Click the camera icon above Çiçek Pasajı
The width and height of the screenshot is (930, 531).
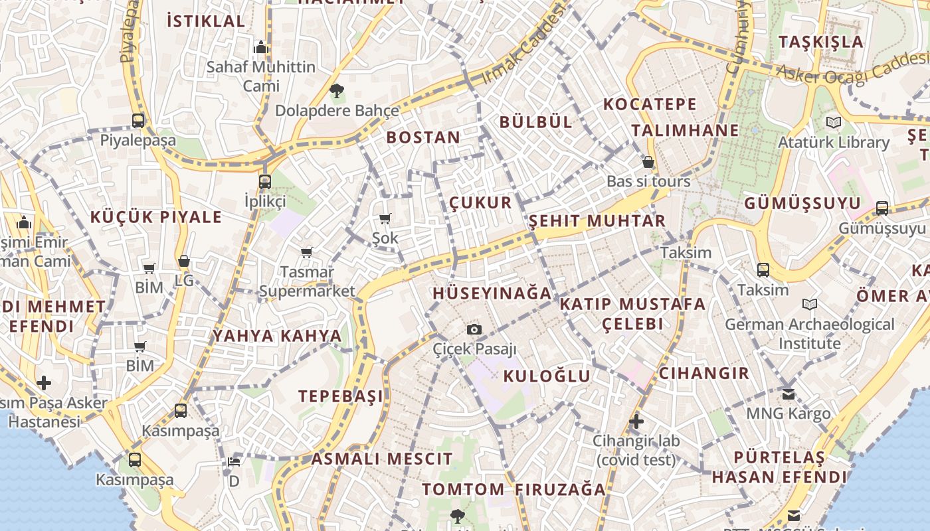point(474,329)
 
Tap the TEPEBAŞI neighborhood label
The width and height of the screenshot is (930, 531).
point(341,396)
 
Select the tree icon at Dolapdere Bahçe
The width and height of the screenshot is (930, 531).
point(337,91)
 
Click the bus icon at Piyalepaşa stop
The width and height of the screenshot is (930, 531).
point(138,121)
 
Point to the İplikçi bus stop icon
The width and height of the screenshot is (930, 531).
point(265,181)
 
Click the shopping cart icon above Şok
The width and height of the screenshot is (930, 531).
point(385,218)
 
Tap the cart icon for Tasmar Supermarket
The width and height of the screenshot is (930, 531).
point(307,252)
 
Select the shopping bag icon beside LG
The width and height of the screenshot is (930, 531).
point(184,261)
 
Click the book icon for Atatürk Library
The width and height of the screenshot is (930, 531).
point(833,123)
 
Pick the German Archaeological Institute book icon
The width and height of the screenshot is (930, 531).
point(809,305)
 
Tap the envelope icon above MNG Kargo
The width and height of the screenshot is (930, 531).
point(789,394)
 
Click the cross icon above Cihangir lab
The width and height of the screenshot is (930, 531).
point(636,421)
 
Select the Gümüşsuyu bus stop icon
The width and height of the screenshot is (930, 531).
point(882,208)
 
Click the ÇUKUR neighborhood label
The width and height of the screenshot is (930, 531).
point(481,202)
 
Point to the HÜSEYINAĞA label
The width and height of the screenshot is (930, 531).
point(492,293)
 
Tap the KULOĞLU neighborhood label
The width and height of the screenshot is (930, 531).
point(547,376)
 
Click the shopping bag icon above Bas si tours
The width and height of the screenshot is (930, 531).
point(648,162)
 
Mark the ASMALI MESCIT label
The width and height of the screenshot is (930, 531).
point(382,459)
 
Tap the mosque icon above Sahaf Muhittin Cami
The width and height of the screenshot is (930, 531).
point(261,48)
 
